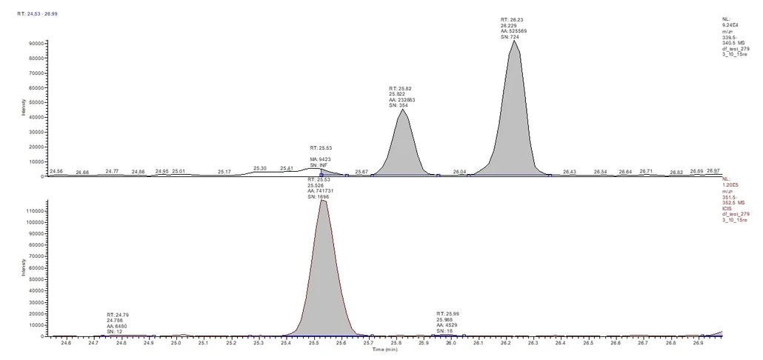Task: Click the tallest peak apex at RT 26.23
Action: pos(514,41)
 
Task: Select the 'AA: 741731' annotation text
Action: pos(322,191)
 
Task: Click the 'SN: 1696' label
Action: pos(319,197)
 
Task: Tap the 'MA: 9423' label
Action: pos(321,159)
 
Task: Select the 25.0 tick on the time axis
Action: pos(176,343)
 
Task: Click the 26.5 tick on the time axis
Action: pos(588,343)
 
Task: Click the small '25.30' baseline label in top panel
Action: pos(259,168)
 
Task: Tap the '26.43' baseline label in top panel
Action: pos(570,172)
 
